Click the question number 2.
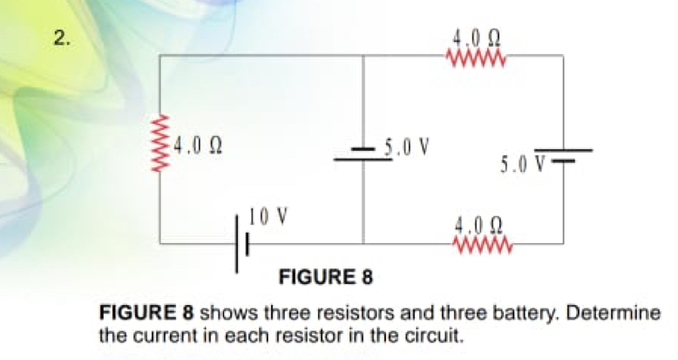coord(62,38)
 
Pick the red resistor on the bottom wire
coord(483,245)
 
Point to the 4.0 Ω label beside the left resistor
coord(198,147)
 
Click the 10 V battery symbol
coord(242,244)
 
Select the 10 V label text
coord(268,216)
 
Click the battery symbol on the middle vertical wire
coord(363,154)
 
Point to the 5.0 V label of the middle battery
coord(407,148)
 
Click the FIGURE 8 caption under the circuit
coord(326,277)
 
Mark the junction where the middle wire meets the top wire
coord(363,56)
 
